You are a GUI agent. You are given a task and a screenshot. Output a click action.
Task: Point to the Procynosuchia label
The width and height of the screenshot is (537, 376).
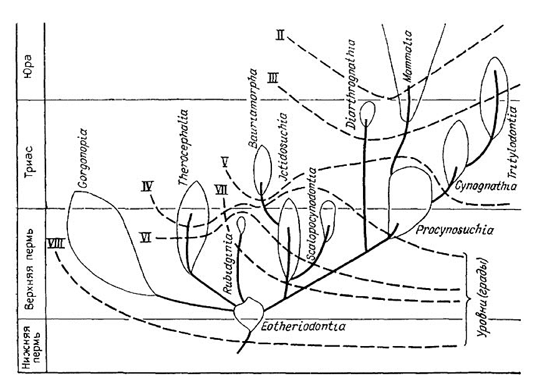coord(447,230)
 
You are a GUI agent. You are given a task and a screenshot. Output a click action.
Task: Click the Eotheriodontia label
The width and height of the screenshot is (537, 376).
coord(296,325)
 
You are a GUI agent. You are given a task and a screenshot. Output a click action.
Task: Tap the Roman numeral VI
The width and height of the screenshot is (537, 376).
coord(147,238)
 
